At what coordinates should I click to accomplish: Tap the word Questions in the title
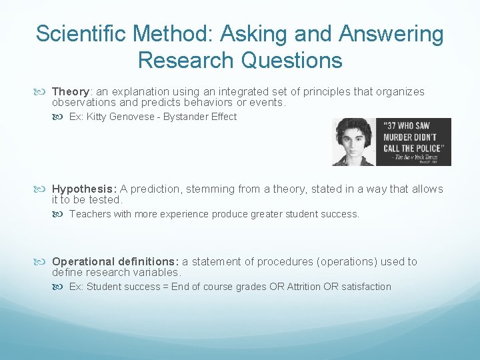(x=291, y=60)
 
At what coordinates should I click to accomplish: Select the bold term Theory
(x=71, y=91)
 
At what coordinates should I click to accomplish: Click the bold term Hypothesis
(x=83, y=189)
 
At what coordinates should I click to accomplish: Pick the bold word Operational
(x=87, y=261)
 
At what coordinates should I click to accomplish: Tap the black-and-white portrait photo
(x=353, y=142)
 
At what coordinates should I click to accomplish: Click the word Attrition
(x=304, y=287)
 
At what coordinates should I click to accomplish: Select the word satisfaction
(x=366, y=287)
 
